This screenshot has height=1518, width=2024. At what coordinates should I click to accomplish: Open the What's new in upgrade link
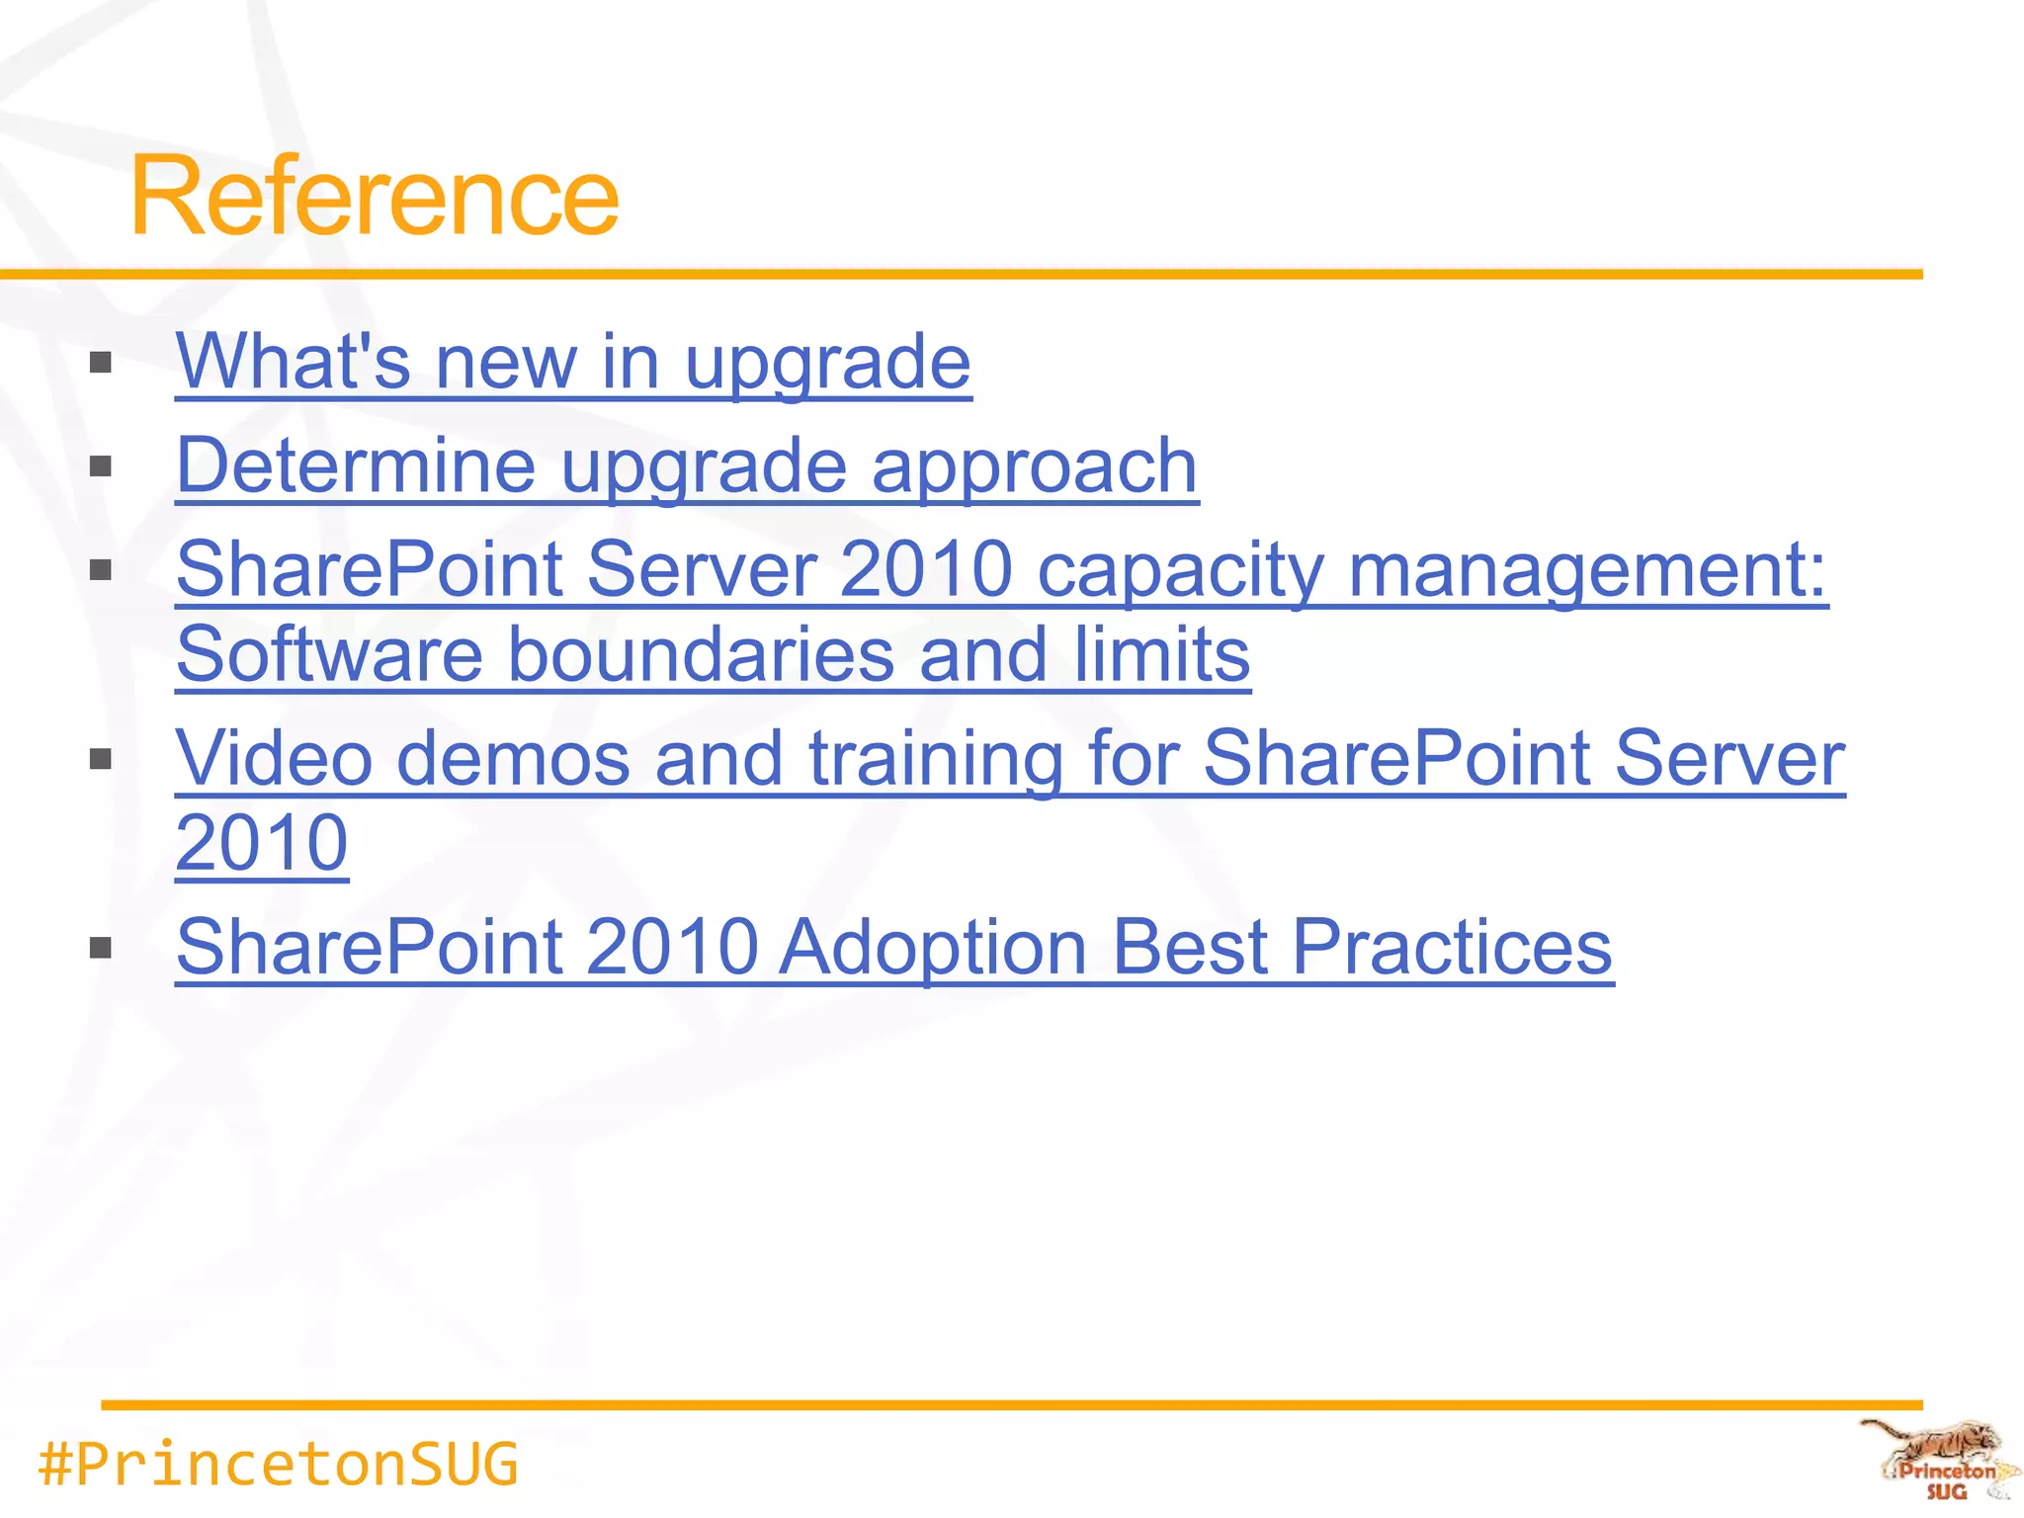pyautogui.click(x=573, y=362)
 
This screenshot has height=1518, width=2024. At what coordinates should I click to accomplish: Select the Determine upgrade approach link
pyautogui.click(x=687, y=465)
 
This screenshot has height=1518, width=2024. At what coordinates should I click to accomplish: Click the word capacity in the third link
pyautogui.click(x=1180, y=570)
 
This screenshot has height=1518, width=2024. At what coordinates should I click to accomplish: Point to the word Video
pyautogui.click(x=275, y=758)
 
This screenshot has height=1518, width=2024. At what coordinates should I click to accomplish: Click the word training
pyautogui.click(x=935, y=758)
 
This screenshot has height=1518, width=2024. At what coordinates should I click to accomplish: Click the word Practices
pyautogui.click(x=1452, y=947)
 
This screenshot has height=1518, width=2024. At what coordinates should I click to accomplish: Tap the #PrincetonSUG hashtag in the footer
pyautogui.click(x=278, y=1464)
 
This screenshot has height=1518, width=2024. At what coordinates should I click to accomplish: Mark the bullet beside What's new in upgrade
pyautogui.click(x=100, y=363)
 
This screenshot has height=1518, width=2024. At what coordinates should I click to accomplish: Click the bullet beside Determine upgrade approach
pyautogui.click(x=100, y=466)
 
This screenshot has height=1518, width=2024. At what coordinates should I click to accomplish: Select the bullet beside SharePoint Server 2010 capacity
pyautogui.click(x=100, y=570)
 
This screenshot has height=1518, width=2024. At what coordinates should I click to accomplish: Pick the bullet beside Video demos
pyautogui.click(x=100, y=759)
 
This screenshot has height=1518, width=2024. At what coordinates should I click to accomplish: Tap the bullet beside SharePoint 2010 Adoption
pyautogui.click(x=100, y=949)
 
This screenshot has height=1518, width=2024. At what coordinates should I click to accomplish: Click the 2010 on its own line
pyautogui.click(x=262, y=843)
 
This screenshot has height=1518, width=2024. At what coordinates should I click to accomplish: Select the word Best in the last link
pyautogui.click(x=1190, y=947)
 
